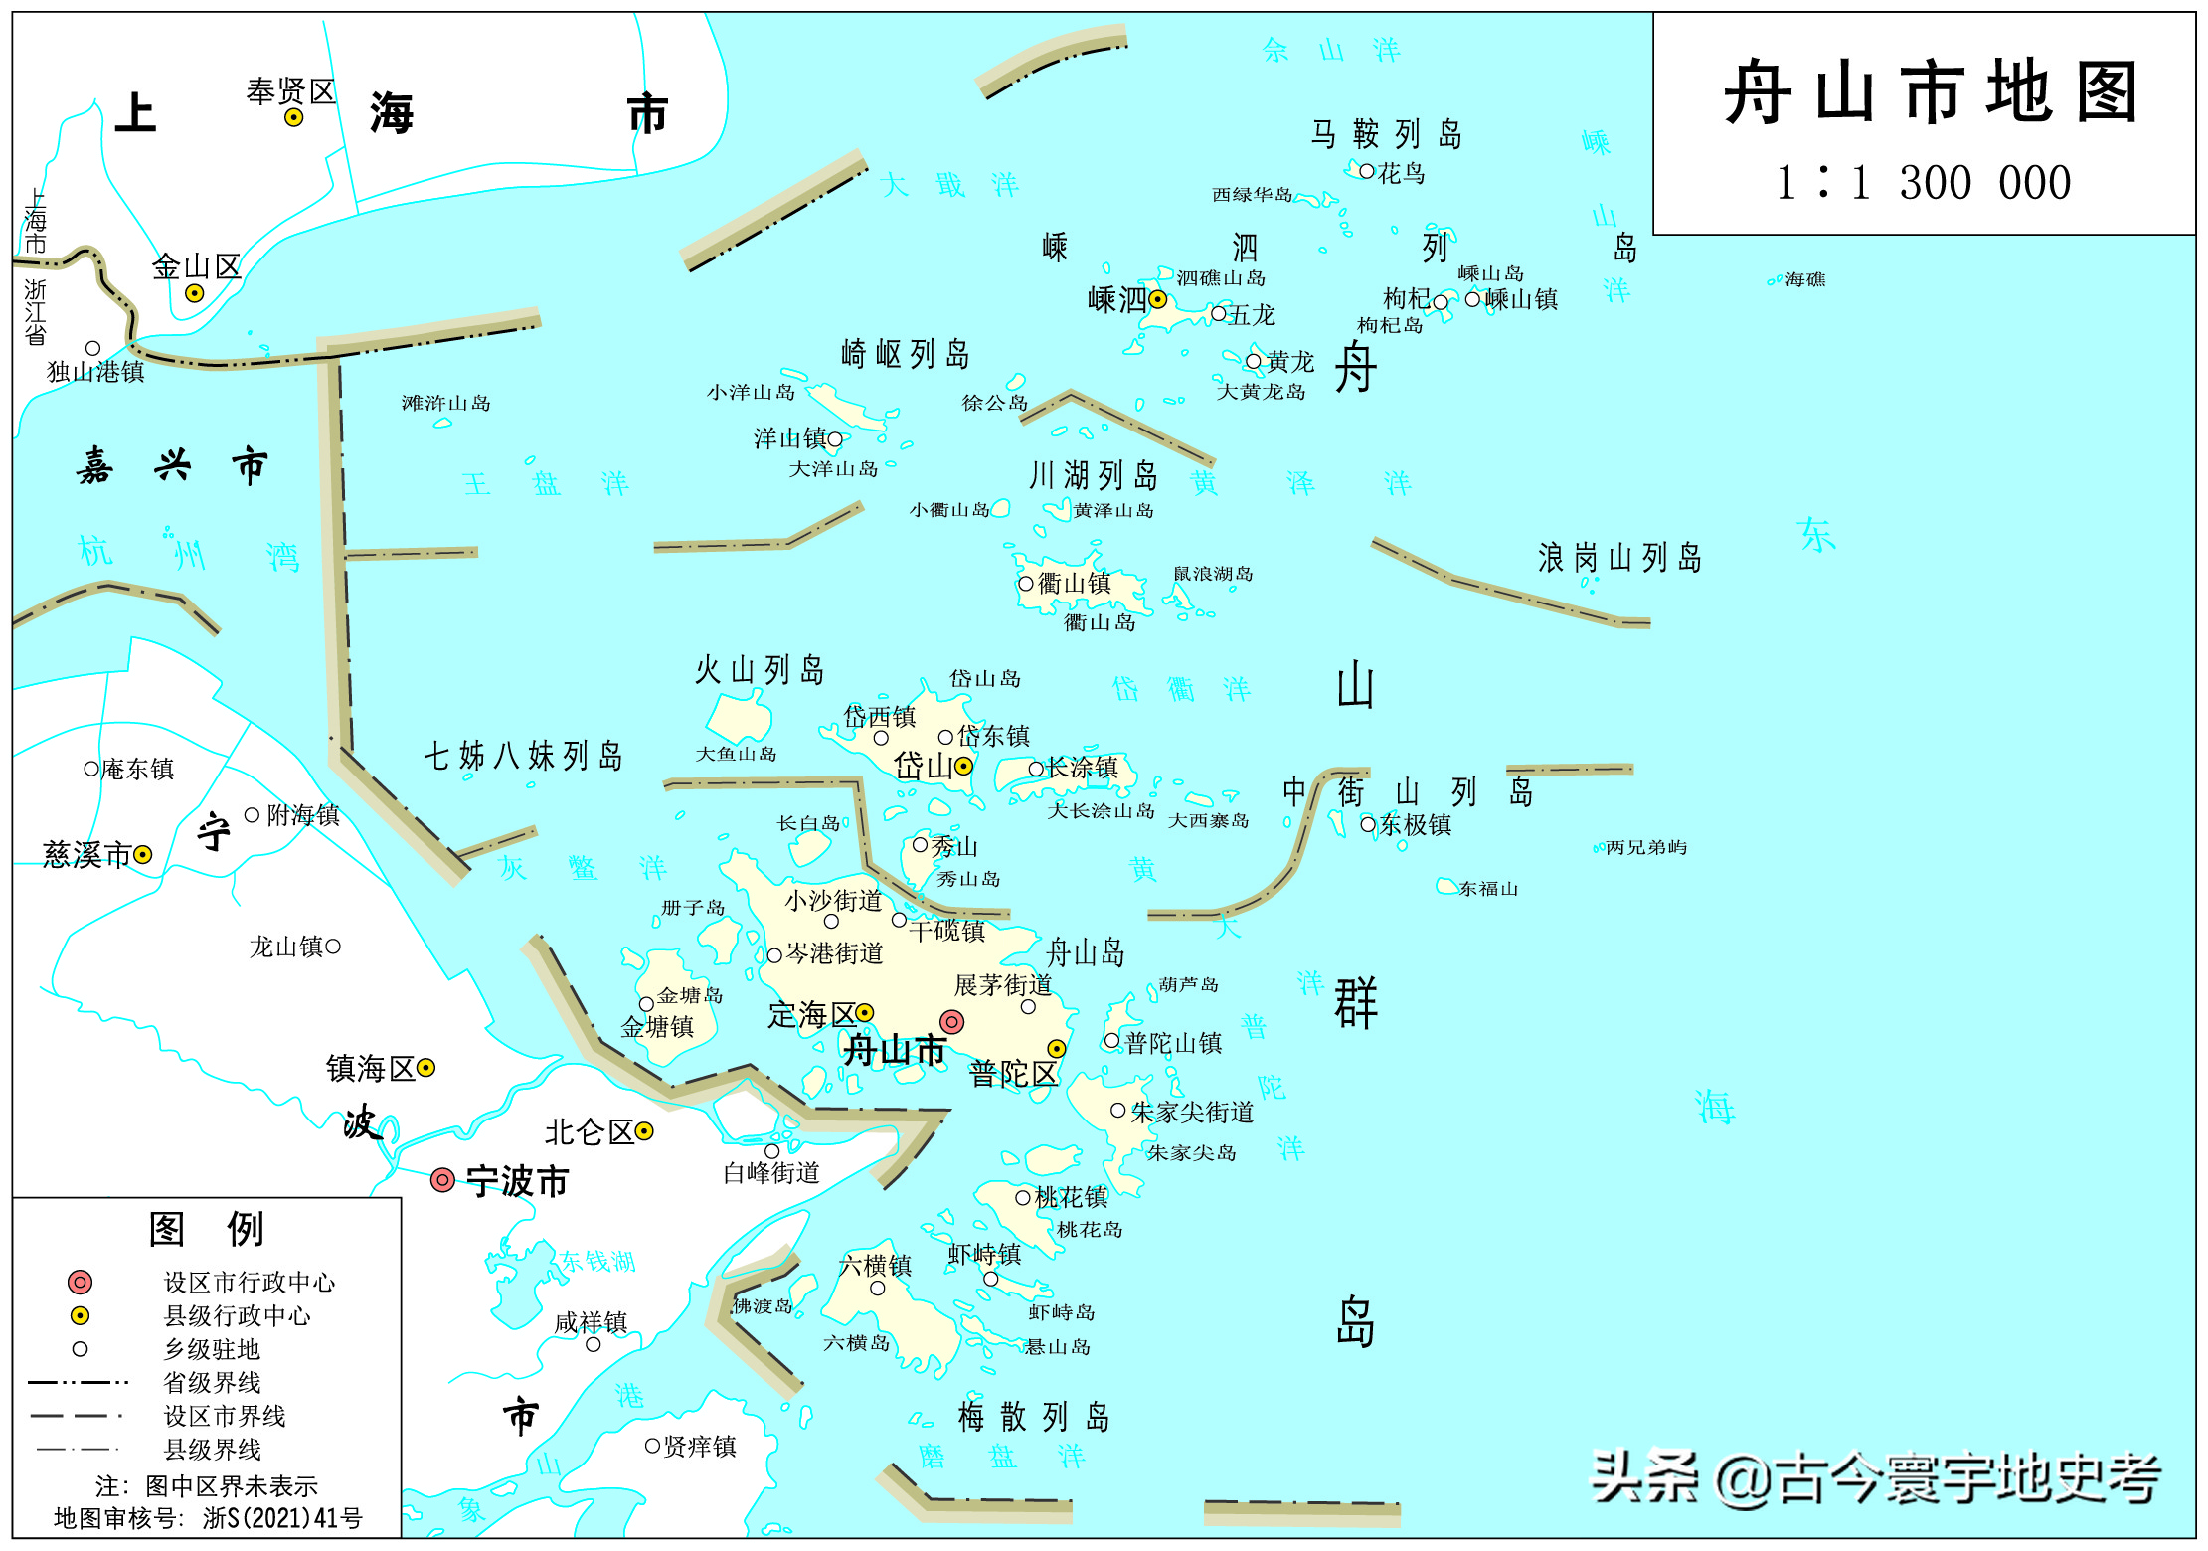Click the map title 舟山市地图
pos(1930,92)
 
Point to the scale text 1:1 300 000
pos(1923,183)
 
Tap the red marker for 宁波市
pos(442,1180)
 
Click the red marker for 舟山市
pos(951,1022)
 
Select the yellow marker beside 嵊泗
pos(1157,299)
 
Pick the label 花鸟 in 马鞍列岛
pos(1401,174)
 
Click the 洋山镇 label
pos(790,438)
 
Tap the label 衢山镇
pos(1074,584)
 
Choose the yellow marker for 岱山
pos(963,767)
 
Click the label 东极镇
pos(1415,824)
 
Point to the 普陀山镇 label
pos(1173,1043)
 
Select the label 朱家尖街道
pos(1192,1113)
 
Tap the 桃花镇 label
pos(1071,1197)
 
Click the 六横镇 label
pos(875,1266)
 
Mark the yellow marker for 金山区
pos(195,293)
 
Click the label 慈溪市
pos(87,855)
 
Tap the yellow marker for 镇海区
pos(426,1068)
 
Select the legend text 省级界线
pos(212,1382)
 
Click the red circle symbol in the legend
pos(81,1282)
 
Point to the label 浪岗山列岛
pos(1619,558)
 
